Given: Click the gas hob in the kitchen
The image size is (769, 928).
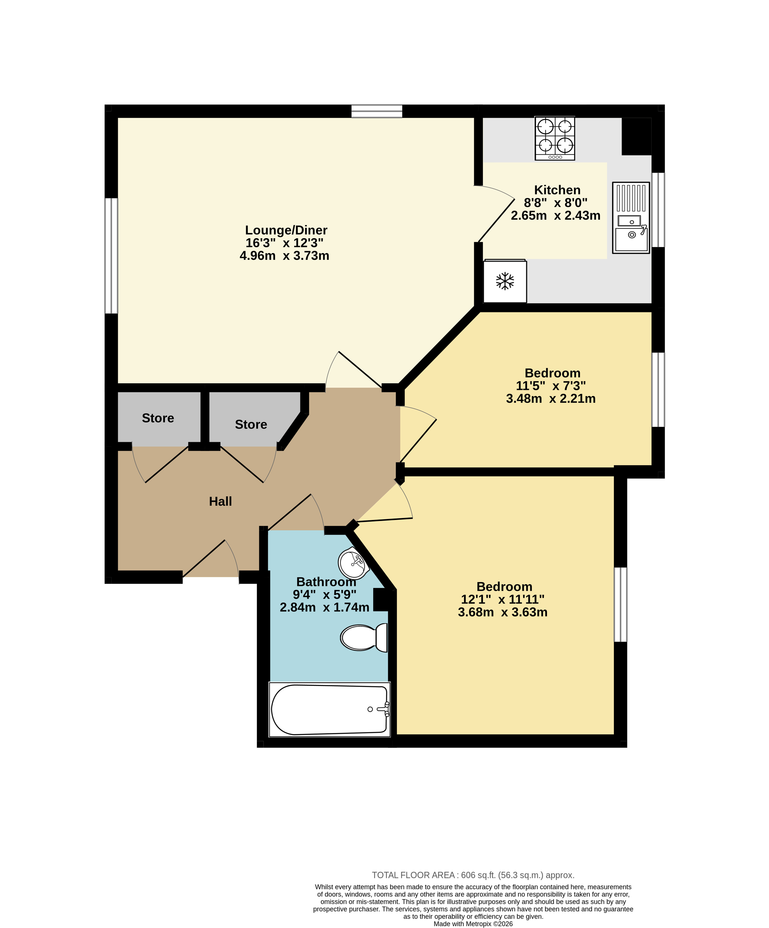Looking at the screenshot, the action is point(555,138).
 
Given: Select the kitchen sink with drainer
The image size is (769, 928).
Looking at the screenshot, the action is point(631,217).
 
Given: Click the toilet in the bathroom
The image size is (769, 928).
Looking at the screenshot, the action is point(364,637).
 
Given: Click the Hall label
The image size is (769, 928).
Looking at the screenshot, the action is point(220,501).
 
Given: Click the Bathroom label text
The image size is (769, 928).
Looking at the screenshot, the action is point(326,581).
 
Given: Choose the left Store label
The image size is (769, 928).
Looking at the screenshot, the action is point(158,418).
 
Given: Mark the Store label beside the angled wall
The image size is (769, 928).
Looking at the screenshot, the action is point(251,424).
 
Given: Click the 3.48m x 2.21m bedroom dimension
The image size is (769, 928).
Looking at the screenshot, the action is point(551,399).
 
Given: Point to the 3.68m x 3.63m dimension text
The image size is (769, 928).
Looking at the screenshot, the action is point(502,612).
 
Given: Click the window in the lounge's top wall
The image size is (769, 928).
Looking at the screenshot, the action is point(377,111).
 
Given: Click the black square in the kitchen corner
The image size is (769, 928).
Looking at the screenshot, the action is point(636,136).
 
